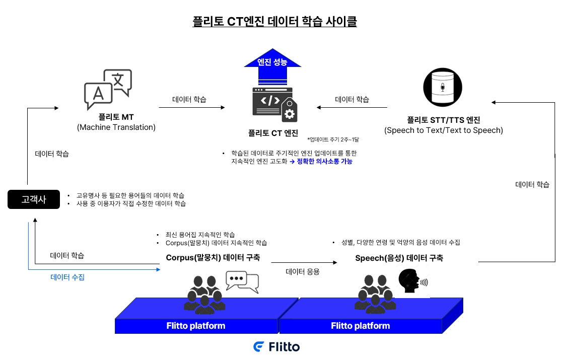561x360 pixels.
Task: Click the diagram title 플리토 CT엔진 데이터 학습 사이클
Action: [274, 22]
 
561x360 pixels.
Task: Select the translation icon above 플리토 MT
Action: [108, 89]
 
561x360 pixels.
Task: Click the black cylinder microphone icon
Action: [443, 87]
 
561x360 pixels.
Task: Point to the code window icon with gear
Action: [274, 105]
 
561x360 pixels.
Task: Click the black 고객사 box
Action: [34, 199]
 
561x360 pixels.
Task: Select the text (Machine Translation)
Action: [116, 127]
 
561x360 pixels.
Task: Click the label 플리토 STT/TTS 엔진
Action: [443, 120]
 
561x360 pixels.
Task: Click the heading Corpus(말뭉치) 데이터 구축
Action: [213, 257]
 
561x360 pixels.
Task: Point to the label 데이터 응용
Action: [303, 271]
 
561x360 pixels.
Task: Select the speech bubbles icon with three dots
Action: [242, 282]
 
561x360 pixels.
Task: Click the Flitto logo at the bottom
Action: [276, 347]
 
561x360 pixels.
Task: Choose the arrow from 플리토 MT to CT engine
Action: [191, 107]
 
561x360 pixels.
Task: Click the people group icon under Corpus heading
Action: [204, 293]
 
